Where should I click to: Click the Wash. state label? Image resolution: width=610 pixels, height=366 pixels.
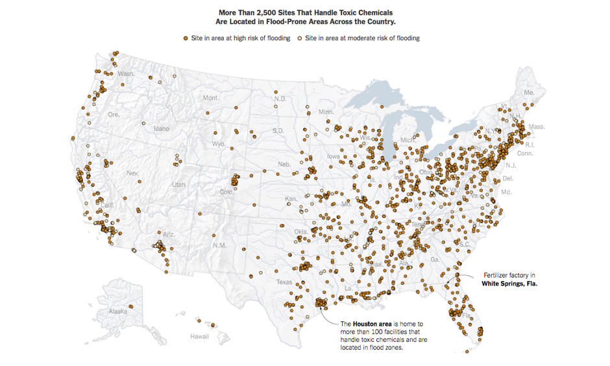(126, 74)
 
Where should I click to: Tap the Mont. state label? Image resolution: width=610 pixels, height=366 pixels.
(212, 98)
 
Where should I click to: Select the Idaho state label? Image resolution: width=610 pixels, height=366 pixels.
(161, 128)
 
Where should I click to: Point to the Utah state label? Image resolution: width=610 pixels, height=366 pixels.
(178, 185)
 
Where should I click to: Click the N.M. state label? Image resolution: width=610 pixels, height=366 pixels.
(220, 246)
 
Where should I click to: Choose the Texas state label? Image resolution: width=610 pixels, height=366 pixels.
(284, 282)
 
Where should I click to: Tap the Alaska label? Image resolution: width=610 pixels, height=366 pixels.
(117, 311)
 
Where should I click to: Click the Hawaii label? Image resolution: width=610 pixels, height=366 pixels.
(199, 337)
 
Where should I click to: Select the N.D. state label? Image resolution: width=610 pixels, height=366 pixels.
(280, 99)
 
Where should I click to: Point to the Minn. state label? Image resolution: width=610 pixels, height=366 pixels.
(326, 112)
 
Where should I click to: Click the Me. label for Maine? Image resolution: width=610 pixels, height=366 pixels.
(529, 93)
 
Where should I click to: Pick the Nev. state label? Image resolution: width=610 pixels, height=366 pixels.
(132, 173)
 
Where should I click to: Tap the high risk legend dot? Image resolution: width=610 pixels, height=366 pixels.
(186, 38)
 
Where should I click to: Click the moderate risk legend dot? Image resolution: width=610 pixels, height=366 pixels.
(300, 38)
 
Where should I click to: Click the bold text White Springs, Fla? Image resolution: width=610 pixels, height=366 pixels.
(509, 284)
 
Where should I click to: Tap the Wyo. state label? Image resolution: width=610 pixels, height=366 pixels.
(219, 143)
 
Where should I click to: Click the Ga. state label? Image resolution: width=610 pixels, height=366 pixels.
(434, 259)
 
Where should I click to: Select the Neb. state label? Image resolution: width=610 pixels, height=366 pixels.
(284, 165)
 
